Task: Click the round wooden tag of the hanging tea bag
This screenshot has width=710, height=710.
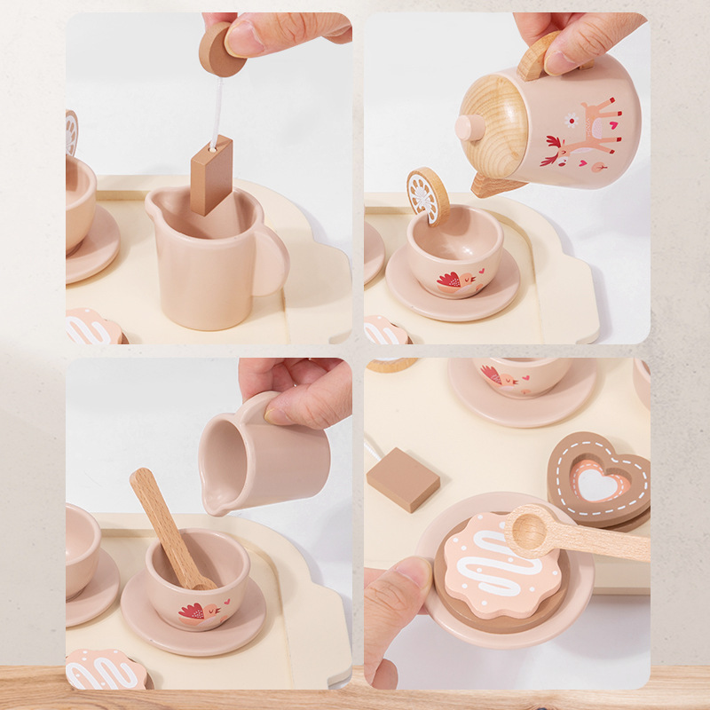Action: click(219, 49)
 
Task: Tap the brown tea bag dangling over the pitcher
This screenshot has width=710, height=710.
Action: click(211, 175)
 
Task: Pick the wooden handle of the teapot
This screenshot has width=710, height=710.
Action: click(538, 55)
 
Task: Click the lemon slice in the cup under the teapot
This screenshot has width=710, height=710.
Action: click(428, 195)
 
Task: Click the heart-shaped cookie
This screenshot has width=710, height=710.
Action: click(599, 479)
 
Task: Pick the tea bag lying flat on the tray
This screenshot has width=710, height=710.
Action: click(402, 478)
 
